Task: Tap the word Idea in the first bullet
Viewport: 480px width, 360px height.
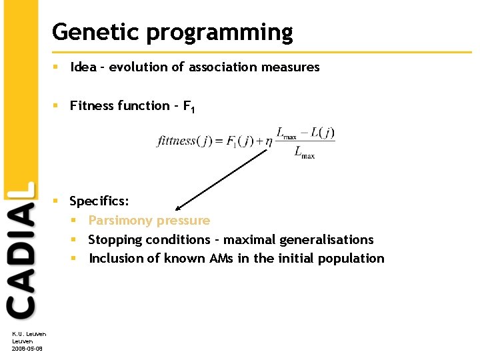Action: pyautogui.click(x=83, y=67)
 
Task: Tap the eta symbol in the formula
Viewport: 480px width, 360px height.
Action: pyautogui.click(x=268, y=141)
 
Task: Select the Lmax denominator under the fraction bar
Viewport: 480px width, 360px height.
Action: pyautogui.click(x=304, y=153)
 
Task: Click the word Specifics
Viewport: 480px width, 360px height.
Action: pyautogui.click(x=99, y=201)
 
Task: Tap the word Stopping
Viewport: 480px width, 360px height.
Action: pyautogui.click(x=115, y=239)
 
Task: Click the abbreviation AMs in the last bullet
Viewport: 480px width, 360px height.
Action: pyautogui.click(x=218, y=258)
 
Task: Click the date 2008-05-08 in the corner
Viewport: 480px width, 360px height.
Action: pyautogui.click(x=27, y=348)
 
